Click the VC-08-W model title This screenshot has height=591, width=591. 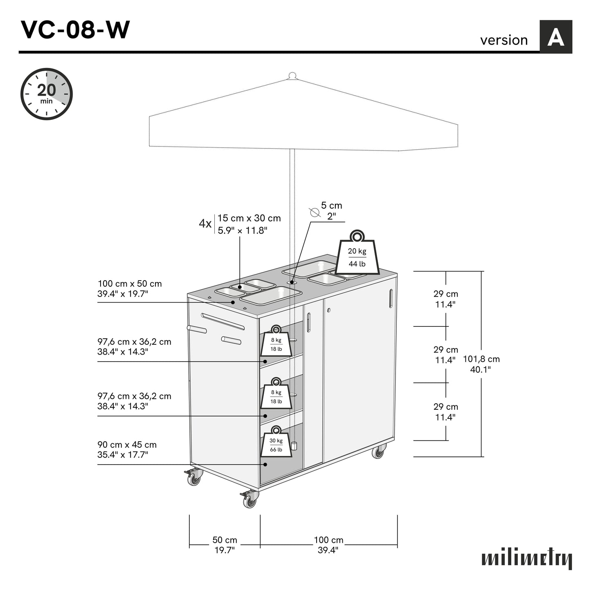click(x=75, y=30)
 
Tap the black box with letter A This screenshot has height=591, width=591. click(x=555, y=37)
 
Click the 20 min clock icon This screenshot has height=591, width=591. click(x=47, y=94)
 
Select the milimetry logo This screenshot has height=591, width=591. click(x=527, y=559)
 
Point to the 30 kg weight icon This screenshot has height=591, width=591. click(x=276, y=443)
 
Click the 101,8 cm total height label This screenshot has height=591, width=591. click(x=481, y=364)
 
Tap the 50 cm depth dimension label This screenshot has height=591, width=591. click(x=225, y=545)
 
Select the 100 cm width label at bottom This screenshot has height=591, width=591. click(x=328, y=545)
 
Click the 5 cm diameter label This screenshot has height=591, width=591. click(x=331, y=210)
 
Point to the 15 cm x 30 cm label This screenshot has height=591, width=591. click(x=249, y=224)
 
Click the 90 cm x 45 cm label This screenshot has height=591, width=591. click(x=127, y=449)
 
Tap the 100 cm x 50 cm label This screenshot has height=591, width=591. click(x=130, y=288)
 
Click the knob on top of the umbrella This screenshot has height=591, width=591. click(x=292, y=76)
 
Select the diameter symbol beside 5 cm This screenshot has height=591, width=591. click(x=314, y=212)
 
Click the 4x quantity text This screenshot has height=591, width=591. click(x=205, y=224)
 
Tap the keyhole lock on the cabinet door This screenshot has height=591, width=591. click(x=328, y=310)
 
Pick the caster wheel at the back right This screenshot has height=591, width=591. click(x=378, y=451)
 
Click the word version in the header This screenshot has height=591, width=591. click(x=504, y=40)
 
